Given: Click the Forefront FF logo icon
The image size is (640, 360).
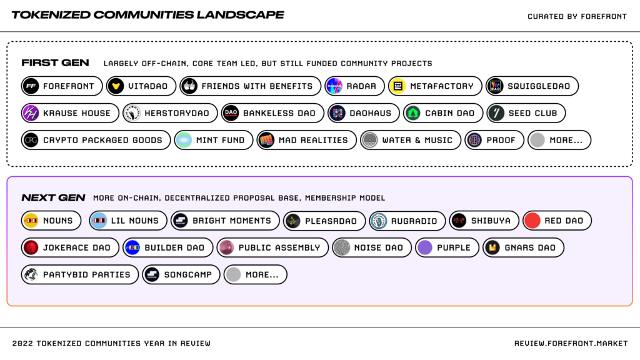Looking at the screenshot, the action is point(31,86).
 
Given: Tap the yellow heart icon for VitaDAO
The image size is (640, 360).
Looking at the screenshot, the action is point(116,86).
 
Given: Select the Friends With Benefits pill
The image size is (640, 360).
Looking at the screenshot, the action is point(251,86).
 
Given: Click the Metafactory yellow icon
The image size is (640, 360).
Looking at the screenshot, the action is point(398,86).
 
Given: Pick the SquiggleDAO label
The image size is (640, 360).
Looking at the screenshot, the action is point(539,86).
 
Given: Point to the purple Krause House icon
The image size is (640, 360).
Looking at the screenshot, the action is point(31,113).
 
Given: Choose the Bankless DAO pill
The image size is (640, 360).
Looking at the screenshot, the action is point(272,113).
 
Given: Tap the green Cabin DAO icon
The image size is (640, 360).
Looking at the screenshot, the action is point(413,113).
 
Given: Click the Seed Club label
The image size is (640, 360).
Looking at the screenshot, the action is point(532,113).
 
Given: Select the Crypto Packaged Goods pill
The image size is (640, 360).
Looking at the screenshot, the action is point(96,140).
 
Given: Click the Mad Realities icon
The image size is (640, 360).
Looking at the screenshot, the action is point(266,140).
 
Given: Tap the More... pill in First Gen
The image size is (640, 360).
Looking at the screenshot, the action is point(559,140).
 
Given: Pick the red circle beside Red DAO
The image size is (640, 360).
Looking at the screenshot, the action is point(532,221).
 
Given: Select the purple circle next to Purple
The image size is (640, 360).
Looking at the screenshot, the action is point(425,247).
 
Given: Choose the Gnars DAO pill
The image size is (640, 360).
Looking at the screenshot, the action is point(523,247).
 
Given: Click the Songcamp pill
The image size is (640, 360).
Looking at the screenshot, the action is point(181,275).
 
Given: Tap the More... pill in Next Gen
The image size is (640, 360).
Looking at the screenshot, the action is point(256,275).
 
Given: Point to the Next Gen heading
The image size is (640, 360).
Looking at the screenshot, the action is point(54,198).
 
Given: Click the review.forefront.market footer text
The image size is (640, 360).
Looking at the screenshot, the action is point(571,344).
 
